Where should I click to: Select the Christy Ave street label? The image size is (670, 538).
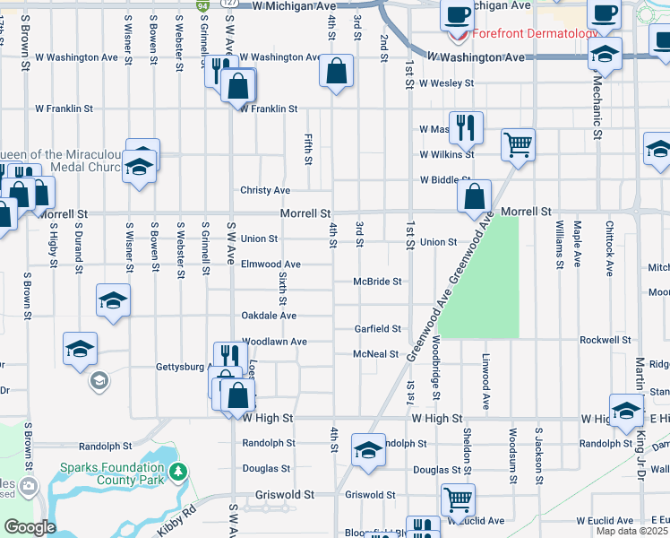[265, 191]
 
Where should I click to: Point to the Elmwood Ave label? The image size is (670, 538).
[271, 265]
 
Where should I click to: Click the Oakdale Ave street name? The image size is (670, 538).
[269, 316]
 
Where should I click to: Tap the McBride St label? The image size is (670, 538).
[376, 281]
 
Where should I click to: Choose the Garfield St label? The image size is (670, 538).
[376, 329]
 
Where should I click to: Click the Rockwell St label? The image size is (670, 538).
[606, 341]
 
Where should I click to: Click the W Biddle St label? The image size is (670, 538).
[445, 179]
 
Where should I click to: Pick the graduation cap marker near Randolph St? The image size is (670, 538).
[367, 450]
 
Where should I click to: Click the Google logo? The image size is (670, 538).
[30, 527]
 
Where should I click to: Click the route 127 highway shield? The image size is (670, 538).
[229, 4]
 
